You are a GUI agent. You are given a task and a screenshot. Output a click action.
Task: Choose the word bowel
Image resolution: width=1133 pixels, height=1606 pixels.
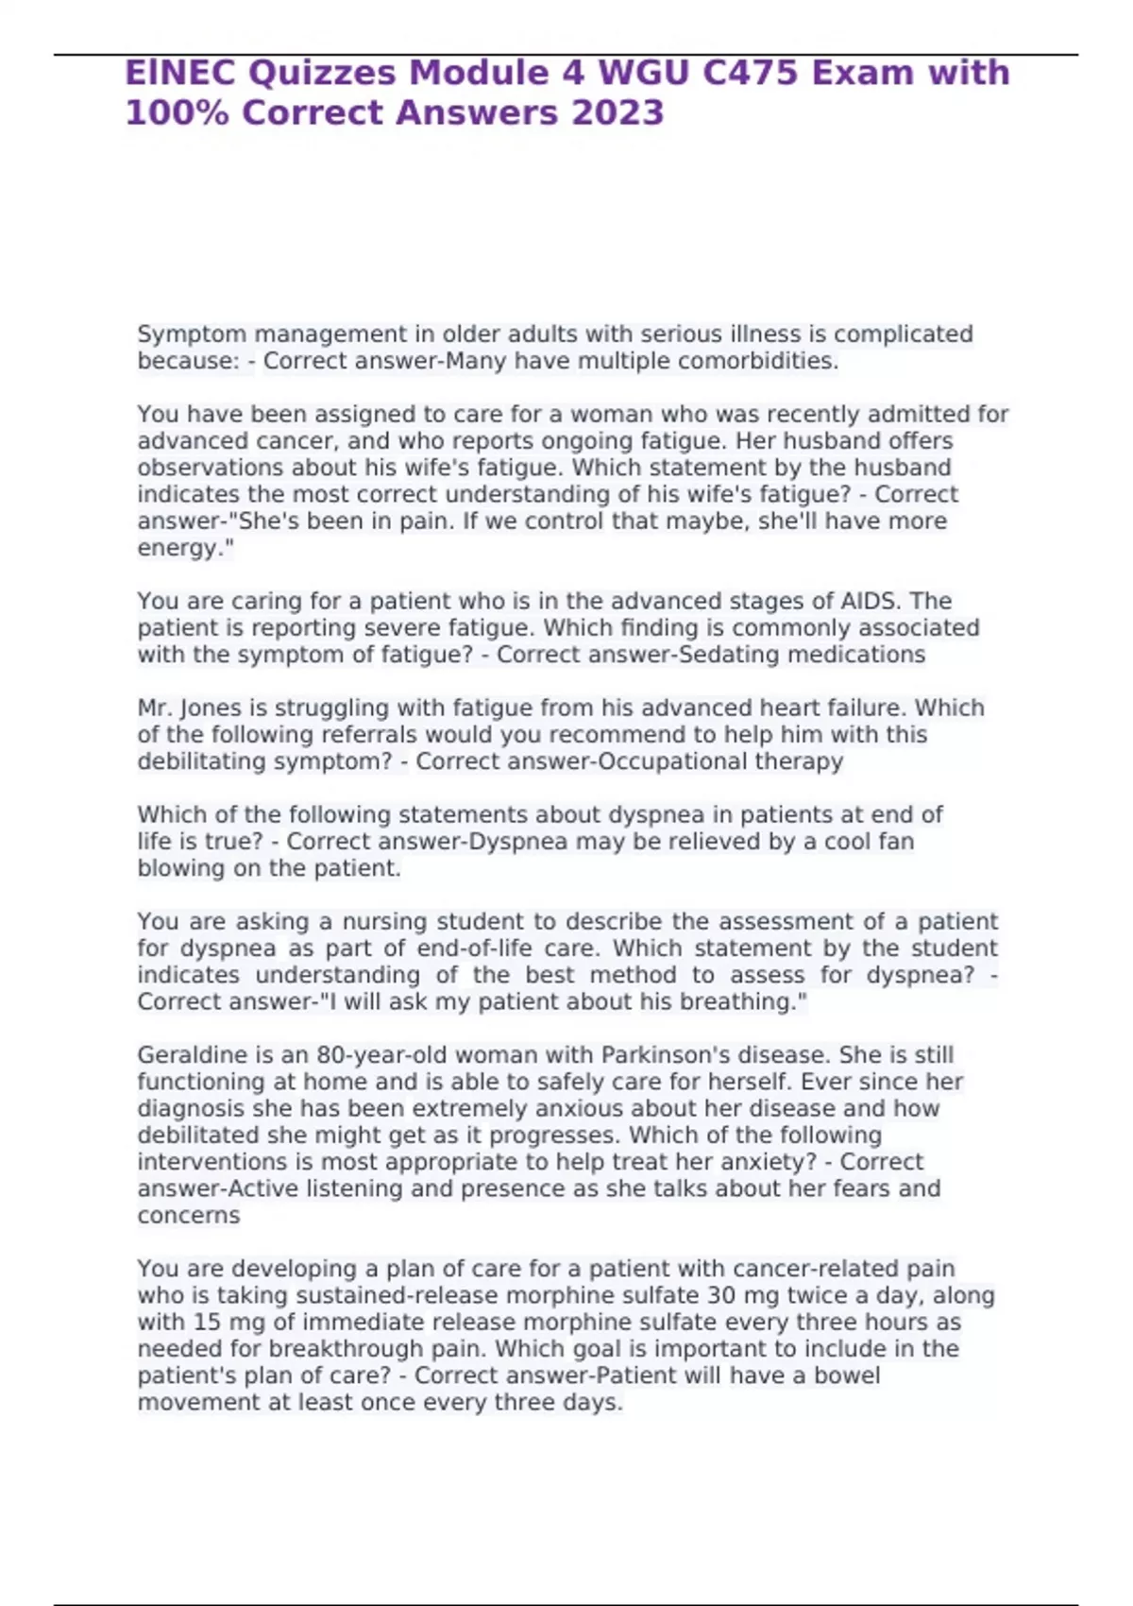(846, 1375)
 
